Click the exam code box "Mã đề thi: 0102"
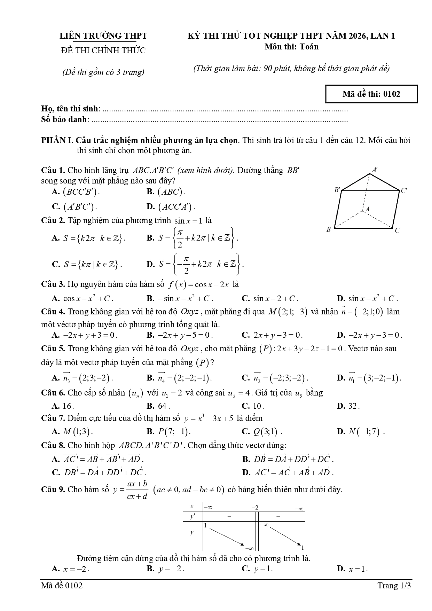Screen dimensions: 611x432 [x=371, y=94]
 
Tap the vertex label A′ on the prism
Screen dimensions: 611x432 [x=375, y=170]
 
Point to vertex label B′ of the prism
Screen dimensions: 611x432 [x=337, y=190]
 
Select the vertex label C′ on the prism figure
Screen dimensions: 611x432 [x=404, y=190]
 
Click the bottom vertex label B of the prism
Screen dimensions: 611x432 [x=328, y=229]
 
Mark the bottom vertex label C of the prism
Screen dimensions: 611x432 [x=397, y=230]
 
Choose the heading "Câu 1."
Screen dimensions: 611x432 [x=53, y=170]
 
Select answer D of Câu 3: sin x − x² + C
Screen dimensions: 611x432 [x=367, y=298]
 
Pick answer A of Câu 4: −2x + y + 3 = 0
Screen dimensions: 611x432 [x=85, y=335]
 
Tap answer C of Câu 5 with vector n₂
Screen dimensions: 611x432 [x=275, y=378]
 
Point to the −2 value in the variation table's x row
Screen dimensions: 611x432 [x=255, y=508]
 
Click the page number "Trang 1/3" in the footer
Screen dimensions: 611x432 [x=394, y=586]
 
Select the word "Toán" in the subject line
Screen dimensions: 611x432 [x=309, y=47]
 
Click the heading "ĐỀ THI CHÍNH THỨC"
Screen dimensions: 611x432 [x=103, y=50]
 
